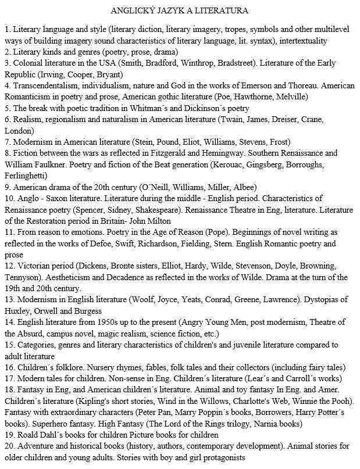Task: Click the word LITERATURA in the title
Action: pyautogui.click(x=224, y=10)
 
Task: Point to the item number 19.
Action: pyautogui.click(x=9, y=435)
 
